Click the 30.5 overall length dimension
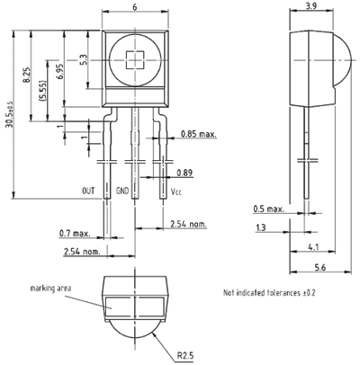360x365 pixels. [10, 114]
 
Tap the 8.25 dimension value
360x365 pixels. [27, 75]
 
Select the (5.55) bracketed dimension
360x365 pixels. [43, 91]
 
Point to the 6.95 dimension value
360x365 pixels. [59, 71]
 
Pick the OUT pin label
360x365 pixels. [88, 191]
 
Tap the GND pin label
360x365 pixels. [122, 191]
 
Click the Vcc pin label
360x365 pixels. [176, 191]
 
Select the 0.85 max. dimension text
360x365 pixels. [198, 134]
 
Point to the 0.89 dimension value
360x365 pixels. [184, 173]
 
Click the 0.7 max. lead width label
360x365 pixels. [75, 233]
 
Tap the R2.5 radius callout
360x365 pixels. [185, 356]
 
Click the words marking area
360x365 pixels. [50, 289]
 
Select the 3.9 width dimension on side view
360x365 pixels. [310, 6]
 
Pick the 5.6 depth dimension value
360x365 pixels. [320, 267]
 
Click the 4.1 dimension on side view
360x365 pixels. [313, 247]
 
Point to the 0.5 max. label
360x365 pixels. [268, 209]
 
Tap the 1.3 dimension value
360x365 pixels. [261, 227]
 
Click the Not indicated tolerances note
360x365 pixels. [269, 292]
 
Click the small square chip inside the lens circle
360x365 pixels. [135, 60]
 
